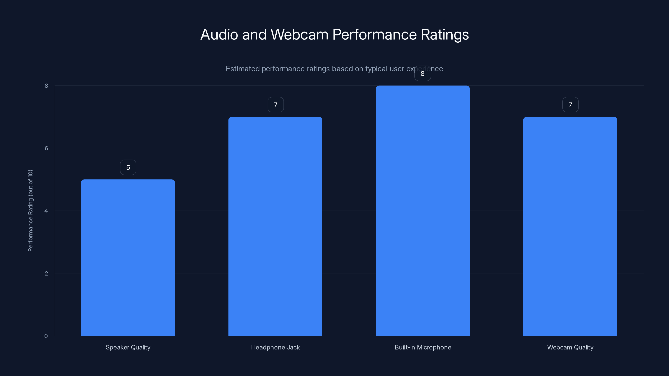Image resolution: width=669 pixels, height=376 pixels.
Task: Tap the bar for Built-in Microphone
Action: (423, 210)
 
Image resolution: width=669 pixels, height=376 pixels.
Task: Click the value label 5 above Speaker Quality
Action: (128, 168)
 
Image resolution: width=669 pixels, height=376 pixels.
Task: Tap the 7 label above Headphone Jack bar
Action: (276, 105)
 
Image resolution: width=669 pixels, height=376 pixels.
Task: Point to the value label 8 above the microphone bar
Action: (423, 74)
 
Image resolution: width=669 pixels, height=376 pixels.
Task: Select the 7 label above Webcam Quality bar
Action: (570, 105)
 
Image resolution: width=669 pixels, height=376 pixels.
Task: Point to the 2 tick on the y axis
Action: (46, 273)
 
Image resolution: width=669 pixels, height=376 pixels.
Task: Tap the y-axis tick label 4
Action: (46, 211)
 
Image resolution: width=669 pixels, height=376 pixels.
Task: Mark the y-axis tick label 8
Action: (46, 86)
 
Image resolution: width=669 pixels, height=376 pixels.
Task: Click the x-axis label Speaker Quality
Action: (128, 347)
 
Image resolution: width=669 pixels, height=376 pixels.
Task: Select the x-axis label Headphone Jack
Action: (275, 347)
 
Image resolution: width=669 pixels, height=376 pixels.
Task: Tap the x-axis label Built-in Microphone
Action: (423, 347)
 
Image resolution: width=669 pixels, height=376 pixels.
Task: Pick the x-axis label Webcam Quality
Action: (570, 347)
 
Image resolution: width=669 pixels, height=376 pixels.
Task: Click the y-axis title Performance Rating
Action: (30, 210)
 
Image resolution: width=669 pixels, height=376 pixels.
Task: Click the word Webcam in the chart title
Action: (299, 34)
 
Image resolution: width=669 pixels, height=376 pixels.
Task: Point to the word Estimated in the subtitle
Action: (243, 69)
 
